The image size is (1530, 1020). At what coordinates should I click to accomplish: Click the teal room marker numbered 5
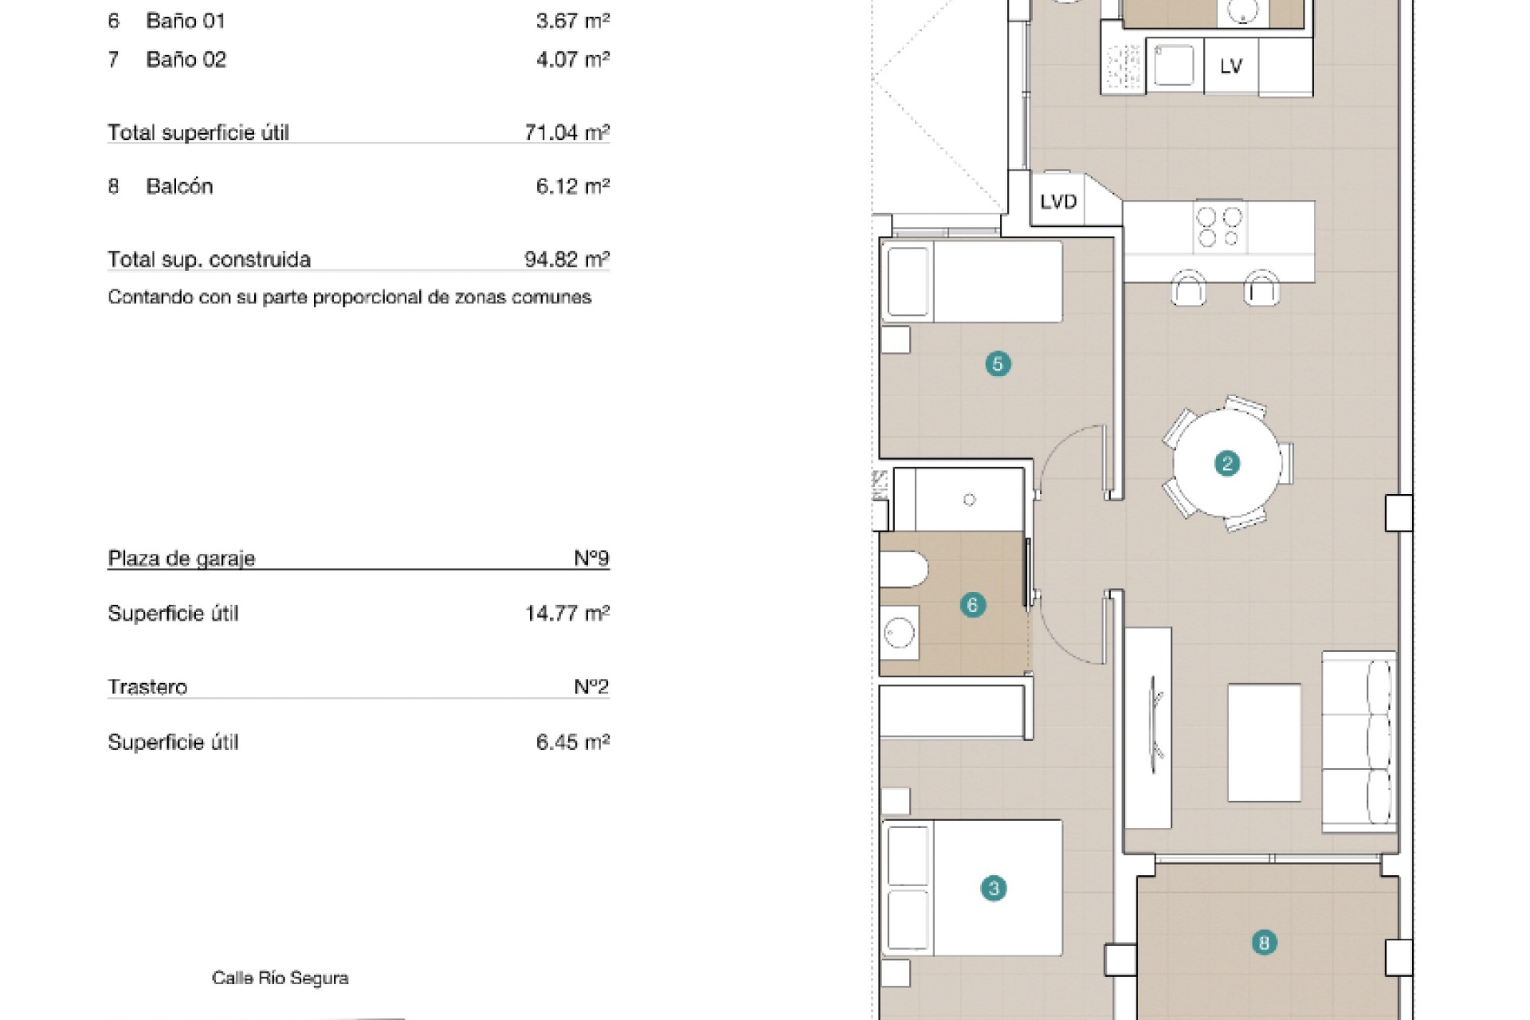coord(998,364)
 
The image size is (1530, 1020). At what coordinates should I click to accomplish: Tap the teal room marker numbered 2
coord(1226,463)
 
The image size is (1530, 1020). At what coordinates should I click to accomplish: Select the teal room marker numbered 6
coord(971,605)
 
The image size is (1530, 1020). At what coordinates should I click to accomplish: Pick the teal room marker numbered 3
coord(993,888)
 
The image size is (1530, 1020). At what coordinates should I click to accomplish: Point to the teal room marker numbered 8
coord(1263,943)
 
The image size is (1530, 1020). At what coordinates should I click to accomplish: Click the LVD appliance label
coord(1058,202)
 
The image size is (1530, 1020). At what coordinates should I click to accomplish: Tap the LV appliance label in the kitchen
coord(1231,66)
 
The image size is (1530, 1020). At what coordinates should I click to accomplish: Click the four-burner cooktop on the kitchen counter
coord(1220,227)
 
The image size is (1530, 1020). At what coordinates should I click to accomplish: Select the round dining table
coord(1227,463)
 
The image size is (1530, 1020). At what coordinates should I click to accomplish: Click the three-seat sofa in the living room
coord(1359,742)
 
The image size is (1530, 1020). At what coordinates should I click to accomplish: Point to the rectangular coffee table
coord(1264,742)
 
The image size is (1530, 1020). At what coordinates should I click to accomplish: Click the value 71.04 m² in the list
coord(567,132)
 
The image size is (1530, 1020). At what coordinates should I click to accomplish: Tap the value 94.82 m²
coord(567,259)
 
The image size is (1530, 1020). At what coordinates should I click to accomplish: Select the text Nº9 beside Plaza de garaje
coord(591,558)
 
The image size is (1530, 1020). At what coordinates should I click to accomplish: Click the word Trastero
coord(147,687)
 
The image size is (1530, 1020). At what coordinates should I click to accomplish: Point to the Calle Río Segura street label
coord(280,978)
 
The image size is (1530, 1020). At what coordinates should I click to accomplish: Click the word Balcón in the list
coord(179,186)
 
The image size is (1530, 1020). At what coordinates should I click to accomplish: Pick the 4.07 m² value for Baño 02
coord(573,59)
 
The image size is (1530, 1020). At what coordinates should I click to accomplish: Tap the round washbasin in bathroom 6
coord(899,634)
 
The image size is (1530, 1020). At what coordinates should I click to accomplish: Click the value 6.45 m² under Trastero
coord(573,743)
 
